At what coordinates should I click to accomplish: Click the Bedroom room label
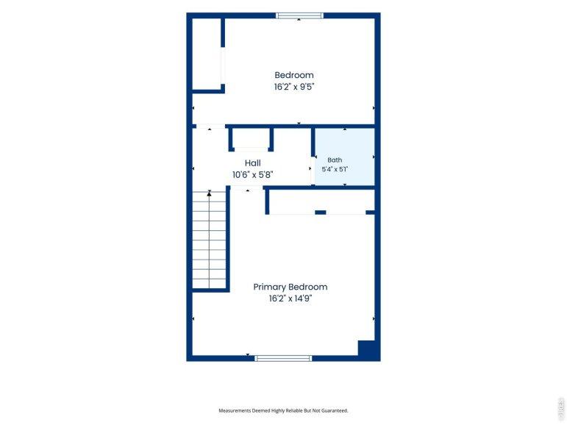point(294,75)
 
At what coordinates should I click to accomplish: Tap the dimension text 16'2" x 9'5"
point(294,87)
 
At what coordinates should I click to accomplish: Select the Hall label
point(252,163)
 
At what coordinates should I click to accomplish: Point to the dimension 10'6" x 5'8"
point(252,175)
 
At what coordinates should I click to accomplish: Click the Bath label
point(335,160)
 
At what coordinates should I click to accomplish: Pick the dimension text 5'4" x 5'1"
point(335,169)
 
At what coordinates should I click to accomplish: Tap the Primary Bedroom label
point(290,287)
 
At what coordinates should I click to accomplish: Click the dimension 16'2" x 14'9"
point(290,299)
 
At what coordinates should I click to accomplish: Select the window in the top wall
point(299,15)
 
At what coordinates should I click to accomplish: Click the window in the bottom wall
point(283,358)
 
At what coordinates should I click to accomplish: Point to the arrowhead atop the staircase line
point(209,194)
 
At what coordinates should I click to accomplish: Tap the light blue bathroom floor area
point(345,157)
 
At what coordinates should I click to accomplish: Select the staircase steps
point(209,240)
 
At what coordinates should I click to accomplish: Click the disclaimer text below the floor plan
point(283,410)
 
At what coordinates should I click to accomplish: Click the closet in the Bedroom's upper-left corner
point(207,54)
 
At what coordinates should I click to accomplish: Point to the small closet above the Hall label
point(251,137)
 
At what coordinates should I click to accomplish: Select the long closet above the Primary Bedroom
point(322,201)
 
